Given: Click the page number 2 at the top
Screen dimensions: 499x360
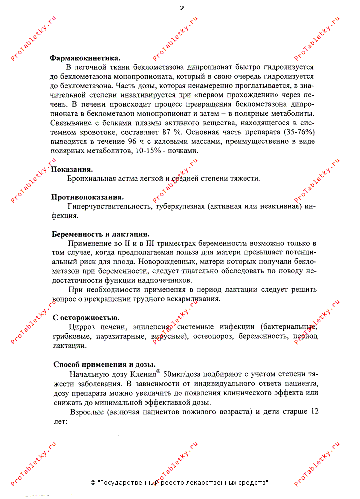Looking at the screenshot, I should pyautogui.click(x=182, y=8).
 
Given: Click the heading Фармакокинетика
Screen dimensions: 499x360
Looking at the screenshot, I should pyautogui.click(x=84, y=58).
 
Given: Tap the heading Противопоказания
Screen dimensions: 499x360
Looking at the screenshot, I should pyautogui.click(x=88, y=197).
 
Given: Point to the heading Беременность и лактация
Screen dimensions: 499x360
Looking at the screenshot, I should pyautogui.click(x=101, y=234).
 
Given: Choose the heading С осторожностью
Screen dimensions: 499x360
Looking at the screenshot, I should pyautogui.click(x=86, y=318).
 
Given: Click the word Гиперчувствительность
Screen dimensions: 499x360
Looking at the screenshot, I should pyautogui.click(x=109, y=207).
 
